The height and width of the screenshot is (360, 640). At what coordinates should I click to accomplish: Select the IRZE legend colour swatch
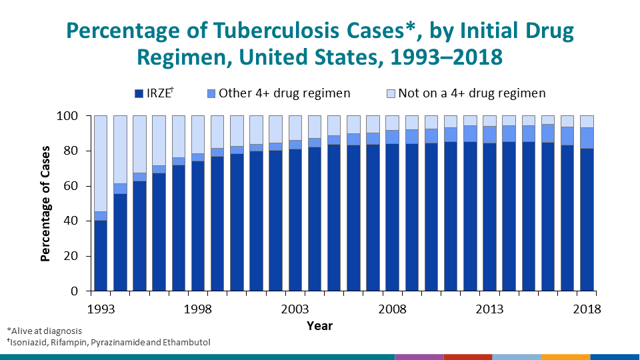coord(139,93)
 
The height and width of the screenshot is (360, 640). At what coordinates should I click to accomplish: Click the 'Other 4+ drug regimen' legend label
coord(284,93)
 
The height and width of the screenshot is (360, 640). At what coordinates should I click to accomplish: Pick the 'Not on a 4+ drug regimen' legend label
coord(472,93)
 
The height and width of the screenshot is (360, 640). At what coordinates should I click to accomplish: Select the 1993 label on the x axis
coord(101,309)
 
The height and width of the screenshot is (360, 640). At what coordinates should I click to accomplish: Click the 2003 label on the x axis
coord(295,309)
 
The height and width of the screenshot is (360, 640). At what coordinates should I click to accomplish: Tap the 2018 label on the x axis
coord(587,309)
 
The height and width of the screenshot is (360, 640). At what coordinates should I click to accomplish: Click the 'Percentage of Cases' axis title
coord(45,203)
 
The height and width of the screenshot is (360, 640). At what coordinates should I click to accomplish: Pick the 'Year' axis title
coord(319,326)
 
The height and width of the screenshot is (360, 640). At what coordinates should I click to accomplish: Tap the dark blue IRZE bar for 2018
coord(587,220)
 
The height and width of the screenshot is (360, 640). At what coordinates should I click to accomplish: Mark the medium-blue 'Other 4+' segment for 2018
coord(587,138)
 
